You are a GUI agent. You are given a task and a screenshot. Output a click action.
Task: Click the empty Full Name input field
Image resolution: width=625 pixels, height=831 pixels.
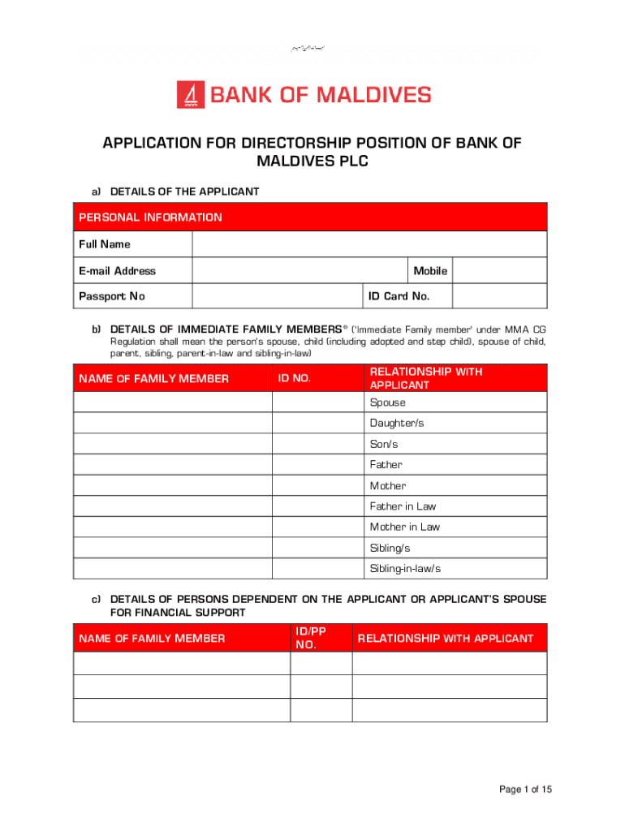[369, 244]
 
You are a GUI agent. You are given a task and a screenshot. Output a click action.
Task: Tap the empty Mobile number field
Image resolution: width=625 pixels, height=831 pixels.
[498, 271]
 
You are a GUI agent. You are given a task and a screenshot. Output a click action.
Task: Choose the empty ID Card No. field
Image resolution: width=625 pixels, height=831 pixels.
[498, 296]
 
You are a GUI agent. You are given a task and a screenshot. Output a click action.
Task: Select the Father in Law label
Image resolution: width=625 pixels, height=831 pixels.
[403, 506]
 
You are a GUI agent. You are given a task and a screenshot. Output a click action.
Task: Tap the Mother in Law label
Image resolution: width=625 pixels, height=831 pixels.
[405, 527]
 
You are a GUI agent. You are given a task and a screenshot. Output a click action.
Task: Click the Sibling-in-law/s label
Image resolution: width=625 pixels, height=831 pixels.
[405, 568]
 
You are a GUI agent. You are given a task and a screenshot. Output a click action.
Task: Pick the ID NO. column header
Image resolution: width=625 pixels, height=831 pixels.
[295, 378]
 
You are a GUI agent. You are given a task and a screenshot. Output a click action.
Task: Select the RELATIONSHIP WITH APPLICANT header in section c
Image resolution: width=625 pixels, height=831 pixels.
[446, 639]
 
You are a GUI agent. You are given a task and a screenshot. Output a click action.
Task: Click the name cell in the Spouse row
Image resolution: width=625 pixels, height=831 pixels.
[172, 403]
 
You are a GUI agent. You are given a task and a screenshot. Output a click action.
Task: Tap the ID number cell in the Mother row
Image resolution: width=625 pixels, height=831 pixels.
[317, 485]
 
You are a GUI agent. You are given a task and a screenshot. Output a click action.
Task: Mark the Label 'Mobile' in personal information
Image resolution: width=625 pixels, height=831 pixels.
[430, 271]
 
